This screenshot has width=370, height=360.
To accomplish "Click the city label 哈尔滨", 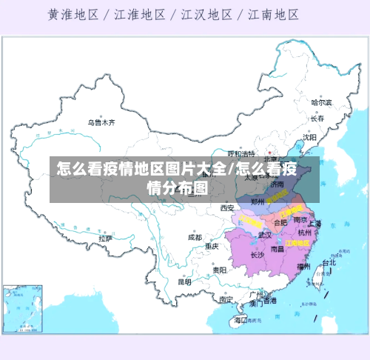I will click(x=320, y=103).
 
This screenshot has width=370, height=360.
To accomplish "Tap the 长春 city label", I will click(x=317, y=119).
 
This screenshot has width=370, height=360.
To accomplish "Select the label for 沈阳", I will click(x=309, y=137).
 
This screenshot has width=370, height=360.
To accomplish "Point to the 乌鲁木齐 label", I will click(x=102, y=123).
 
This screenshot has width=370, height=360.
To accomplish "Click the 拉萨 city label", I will click(x=105, y=239).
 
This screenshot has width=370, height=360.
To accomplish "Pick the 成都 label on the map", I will click(x=195, y=238).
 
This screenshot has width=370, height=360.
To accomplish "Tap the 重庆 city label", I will click(x=212, y=246).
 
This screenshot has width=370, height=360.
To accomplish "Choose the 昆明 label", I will click(x=184, y=281).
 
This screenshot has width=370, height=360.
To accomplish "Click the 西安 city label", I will click(x=226, y=208).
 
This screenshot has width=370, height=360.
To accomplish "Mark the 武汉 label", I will click(x=264, y=235).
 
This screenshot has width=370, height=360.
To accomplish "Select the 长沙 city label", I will click(x=258, y=255).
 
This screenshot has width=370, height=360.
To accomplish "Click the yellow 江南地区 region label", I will click(x=297, y=242).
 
